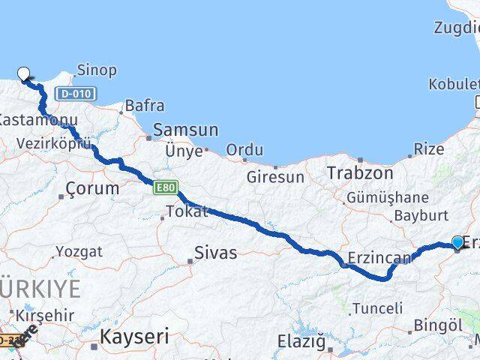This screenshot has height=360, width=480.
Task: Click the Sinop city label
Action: coord(97,70)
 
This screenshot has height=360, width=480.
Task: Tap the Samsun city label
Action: coord(186,130)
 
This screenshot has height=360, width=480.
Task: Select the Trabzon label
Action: coord(360,173)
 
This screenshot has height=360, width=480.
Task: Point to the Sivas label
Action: coord(215,253)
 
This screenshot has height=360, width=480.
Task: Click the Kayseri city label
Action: coord(135,337)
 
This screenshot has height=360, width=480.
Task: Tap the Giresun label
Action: coord(276,178)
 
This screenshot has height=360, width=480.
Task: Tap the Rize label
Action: coord(428,149)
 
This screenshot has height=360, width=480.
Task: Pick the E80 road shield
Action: coord(166,188)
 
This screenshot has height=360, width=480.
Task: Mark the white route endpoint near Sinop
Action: coord(24,73)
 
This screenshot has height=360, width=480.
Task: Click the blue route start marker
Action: coord(457,241)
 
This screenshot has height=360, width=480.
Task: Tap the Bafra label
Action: coord(145,106)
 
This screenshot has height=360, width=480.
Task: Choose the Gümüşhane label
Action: coord(387,198)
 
